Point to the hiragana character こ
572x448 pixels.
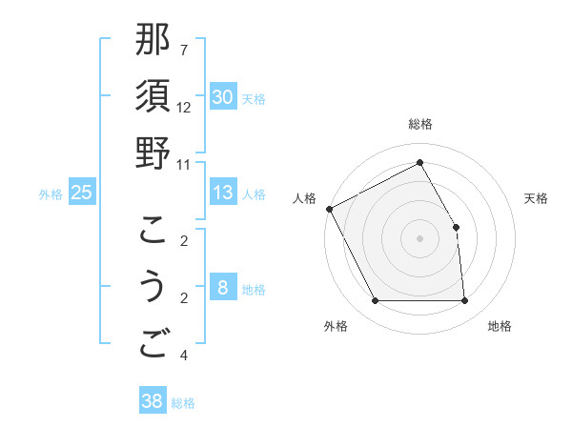[x=153, y=230]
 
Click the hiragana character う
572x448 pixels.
[x=153, y=287]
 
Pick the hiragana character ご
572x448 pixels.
[x=153, y=344]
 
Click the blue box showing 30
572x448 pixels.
[x=223, y=96]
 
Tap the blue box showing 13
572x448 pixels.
[x=223, y=193]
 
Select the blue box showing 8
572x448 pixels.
[x=223, y=288]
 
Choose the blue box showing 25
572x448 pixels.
[x=82, y=193]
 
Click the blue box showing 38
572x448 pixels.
[x=153, y=401]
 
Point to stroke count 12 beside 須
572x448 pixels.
[x=184, y=108]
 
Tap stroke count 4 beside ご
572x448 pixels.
[x=183, y=356]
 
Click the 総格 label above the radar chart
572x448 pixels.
[x=419, y=124]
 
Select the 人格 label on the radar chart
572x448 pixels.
[x=305, y=198]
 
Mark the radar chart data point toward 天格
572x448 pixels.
[x=456, y=227]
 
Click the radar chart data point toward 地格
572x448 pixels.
[x=464, y=301]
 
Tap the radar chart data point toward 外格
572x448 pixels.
[x=375, y=301]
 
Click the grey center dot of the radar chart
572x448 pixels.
[x=419, y=238]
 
